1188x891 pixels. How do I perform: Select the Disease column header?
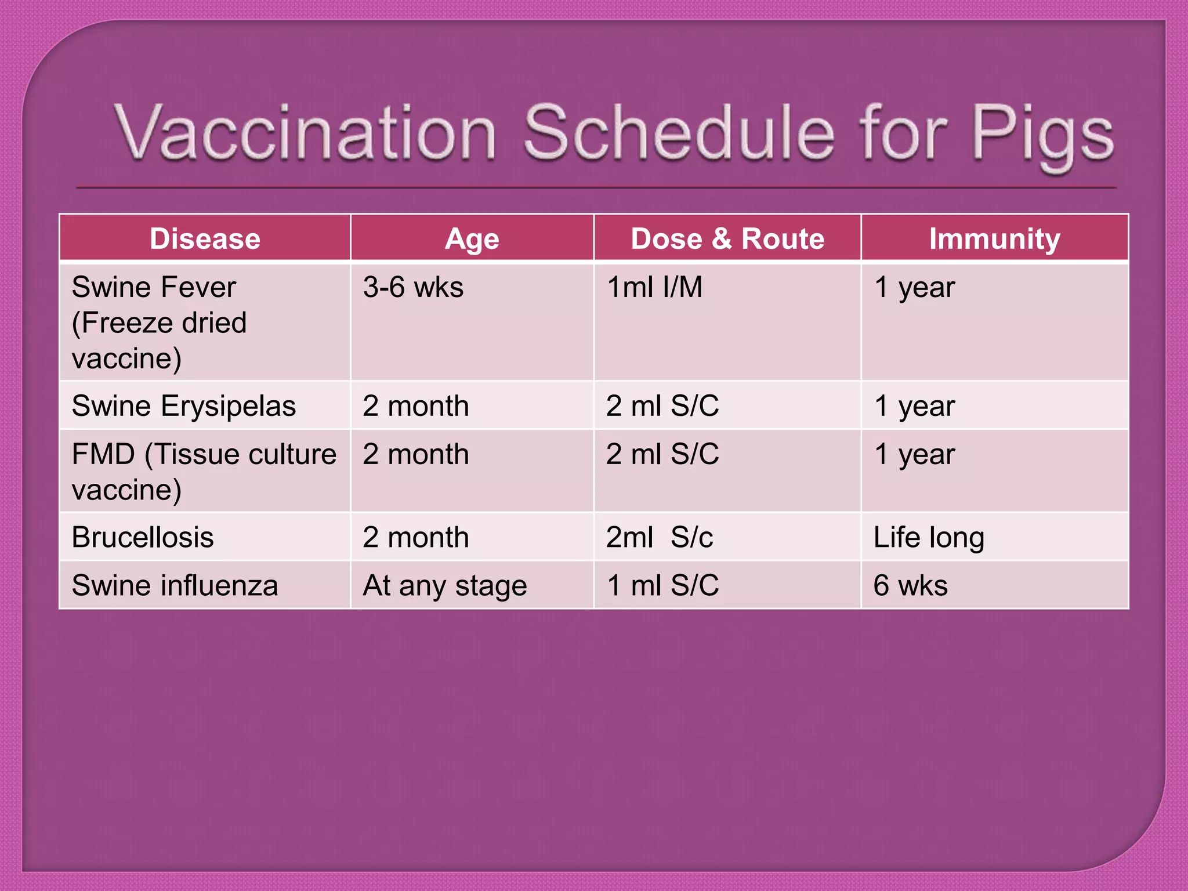pos(205,238)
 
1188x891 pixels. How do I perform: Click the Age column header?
pos(472,238)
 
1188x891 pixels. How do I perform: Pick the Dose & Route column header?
pos(727,238)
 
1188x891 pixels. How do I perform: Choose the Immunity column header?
pos(994,238)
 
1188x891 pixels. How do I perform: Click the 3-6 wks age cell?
pos(413,287)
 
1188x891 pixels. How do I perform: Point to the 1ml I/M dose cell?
pos(654,287)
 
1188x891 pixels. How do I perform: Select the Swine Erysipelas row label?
pos(183,405)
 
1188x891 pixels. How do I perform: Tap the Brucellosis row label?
pos(143,537)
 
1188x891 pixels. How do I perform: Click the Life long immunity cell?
pos(929,537)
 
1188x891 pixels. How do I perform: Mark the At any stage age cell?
pos(444,585)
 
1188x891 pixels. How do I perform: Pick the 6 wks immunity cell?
pos(910,585)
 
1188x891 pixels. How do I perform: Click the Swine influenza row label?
pos(175,585)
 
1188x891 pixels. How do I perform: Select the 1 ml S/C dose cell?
pos(662,585)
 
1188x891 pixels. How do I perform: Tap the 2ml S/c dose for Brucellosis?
pos(660,537)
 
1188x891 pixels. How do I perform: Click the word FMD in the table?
pos(103,454)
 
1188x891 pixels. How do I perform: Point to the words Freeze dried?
pos(160,323)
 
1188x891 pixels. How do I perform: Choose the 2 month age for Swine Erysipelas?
pos(415,405)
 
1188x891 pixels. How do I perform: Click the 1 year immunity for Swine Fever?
pos(914,287)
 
